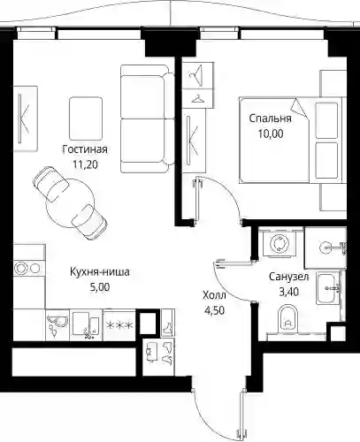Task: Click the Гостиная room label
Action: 85,149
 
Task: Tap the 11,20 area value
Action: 85,164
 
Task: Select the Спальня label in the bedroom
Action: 270,118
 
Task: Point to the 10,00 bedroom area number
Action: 271,133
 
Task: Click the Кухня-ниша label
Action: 100,271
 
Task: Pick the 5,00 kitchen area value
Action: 100,287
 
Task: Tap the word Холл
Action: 214,295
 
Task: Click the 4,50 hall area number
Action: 214,310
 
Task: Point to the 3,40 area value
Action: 289,292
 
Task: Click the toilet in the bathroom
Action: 287,319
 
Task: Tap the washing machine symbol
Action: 279,244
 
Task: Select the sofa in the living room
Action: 148,118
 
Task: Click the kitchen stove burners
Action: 27,269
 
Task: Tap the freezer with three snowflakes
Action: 119,325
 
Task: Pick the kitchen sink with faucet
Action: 86,324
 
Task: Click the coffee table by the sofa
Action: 86,118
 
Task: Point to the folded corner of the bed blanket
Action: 301,109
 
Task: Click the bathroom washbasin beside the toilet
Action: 327,287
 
